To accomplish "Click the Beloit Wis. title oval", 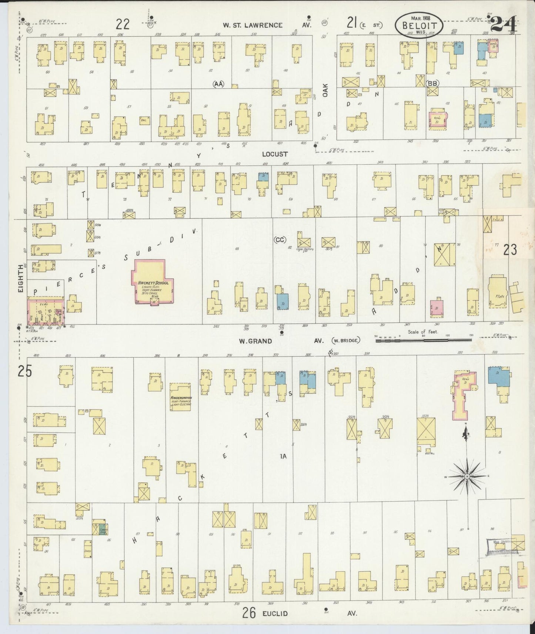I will [x=418, y=25].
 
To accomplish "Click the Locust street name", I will [x=274, y=154].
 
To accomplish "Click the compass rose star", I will [x=467, y=476].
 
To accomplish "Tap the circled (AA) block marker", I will [x=219, y=84].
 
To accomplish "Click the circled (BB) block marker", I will [x=432, y=83].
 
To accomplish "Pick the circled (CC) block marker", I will [x=280, y=240].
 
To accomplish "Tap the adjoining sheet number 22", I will [x=123, y=24].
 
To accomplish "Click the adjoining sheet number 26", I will [x=249, y=613].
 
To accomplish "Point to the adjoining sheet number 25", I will [x=24, y=371].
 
